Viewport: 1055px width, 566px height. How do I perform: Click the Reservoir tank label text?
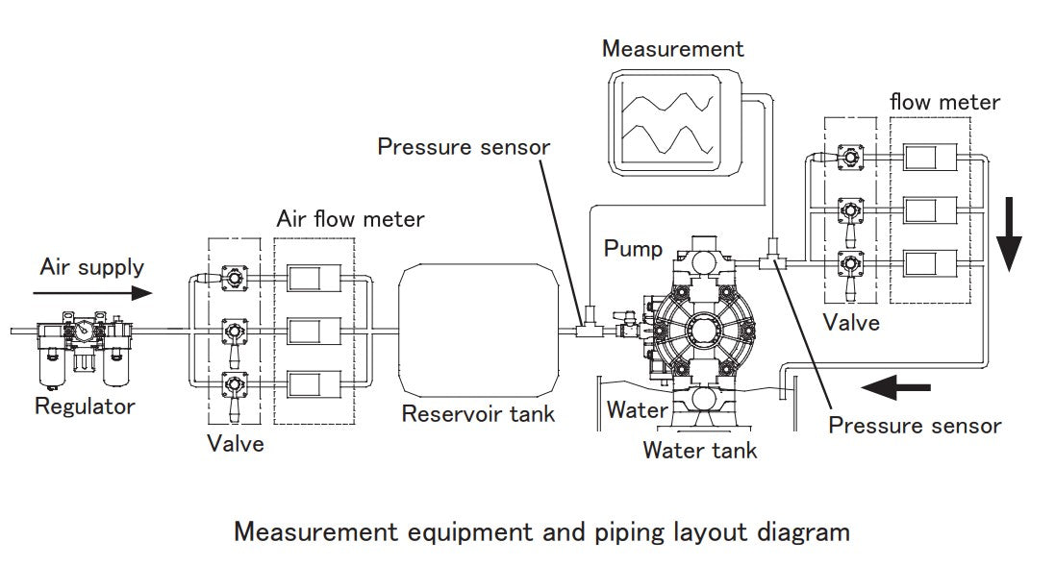[478, 414]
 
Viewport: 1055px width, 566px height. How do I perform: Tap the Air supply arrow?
[96, 292]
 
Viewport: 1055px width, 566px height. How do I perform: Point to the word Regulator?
[85, 406]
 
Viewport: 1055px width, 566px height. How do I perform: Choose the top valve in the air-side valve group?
[234, 278]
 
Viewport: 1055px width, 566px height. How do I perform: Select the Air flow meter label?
[350, 219]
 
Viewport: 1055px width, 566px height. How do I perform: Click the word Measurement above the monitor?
[672, 48]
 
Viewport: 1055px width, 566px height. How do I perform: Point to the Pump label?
[633, 249]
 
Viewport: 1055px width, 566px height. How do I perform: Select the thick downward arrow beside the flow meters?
[1009, 235]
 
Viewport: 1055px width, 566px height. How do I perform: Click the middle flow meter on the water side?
[930, 209]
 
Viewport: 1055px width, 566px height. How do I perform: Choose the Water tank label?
[700, 449]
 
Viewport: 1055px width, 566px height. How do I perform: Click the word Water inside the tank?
[637, 410]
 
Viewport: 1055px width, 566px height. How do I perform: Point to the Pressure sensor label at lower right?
[915, 425]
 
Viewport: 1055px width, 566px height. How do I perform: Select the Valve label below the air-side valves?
[235, 444]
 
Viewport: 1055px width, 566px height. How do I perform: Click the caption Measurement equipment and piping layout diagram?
[542, 531]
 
